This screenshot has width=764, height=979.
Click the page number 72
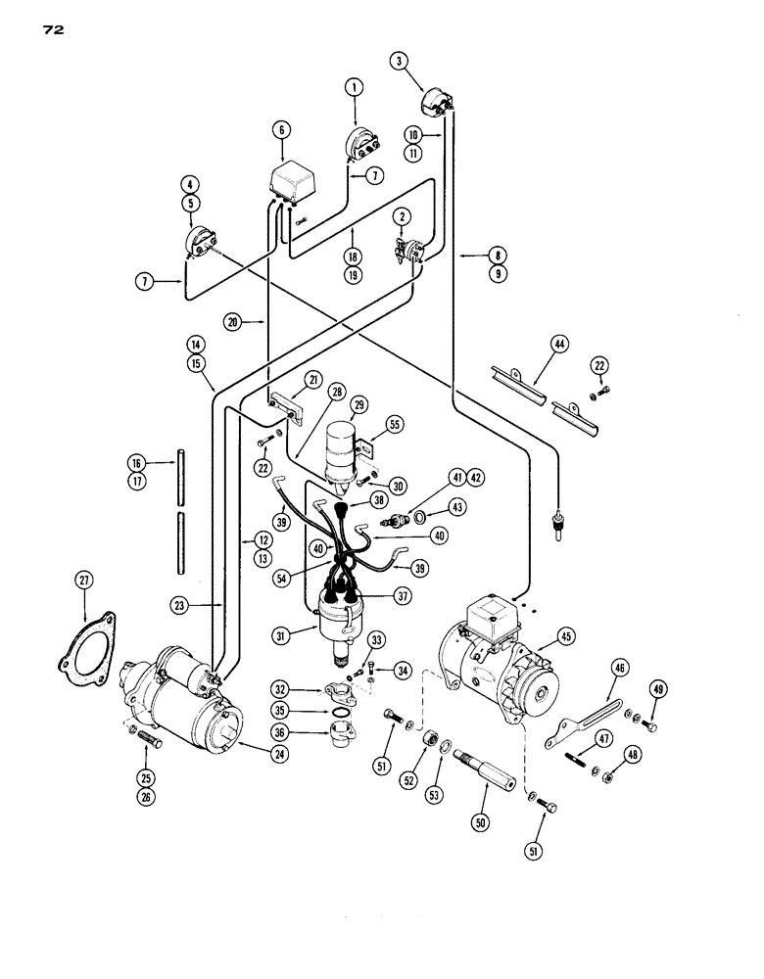[52, 30]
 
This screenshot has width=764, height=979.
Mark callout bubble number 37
[401, 594]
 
